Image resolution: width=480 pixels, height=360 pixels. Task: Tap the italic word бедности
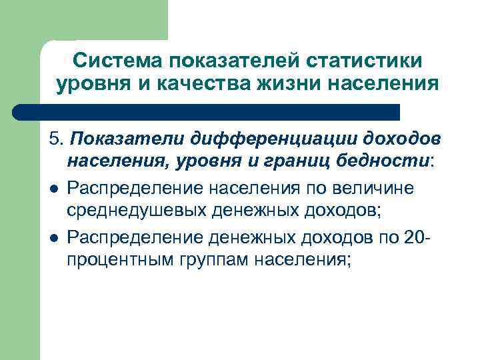[x=379, y=161]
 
